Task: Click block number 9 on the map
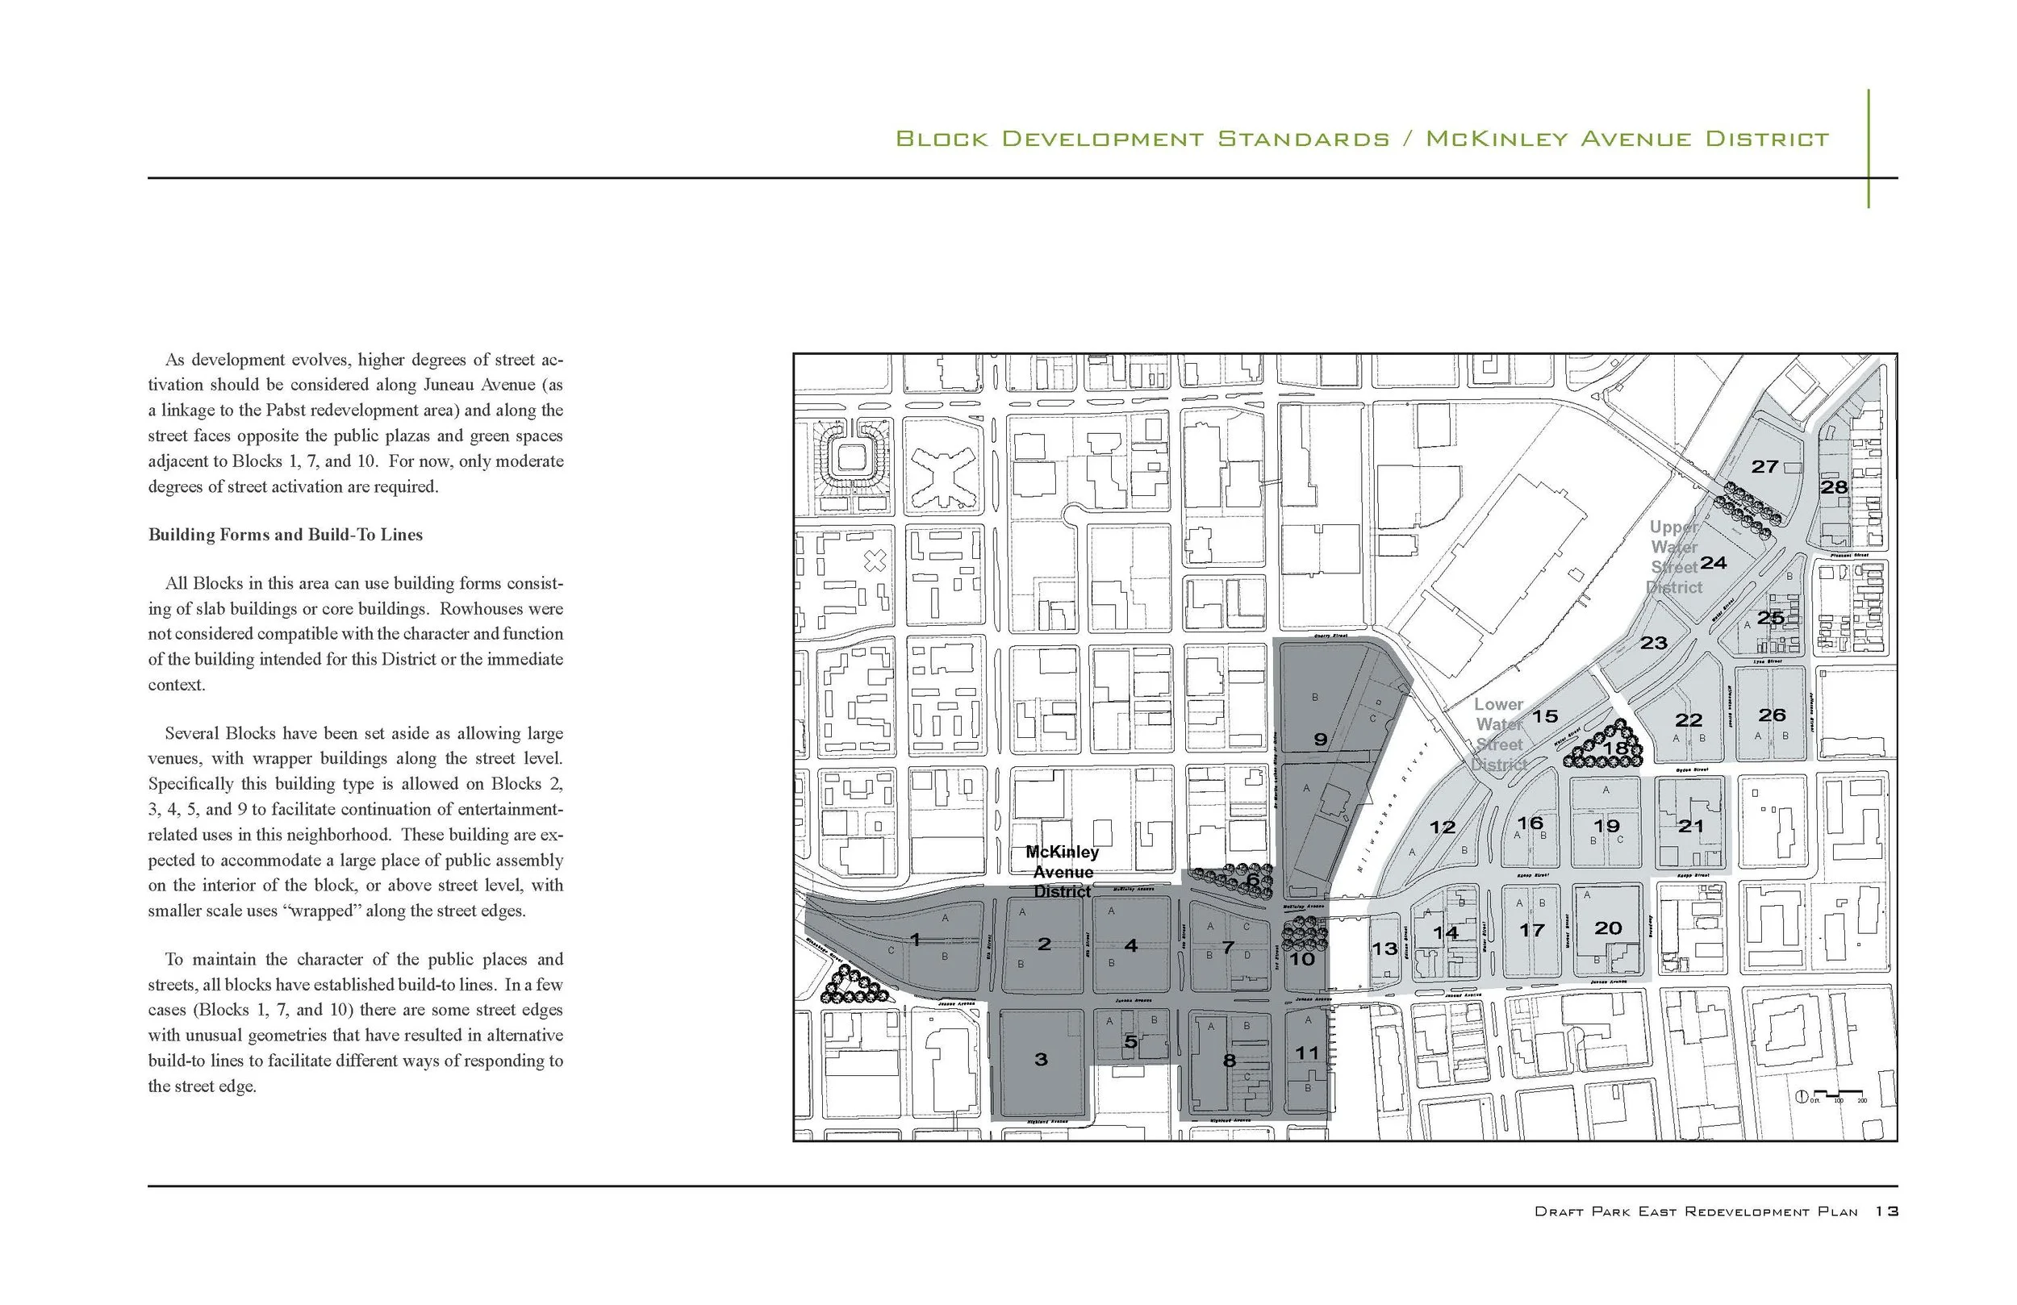(x=1321, y=739)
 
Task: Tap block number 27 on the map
(x=1764, y=466)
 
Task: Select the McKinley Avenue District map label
(x=1062, y=872)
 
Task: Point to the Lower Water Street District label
(x=1499, y=734)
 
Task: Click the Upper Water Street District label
(x=1675, y=557)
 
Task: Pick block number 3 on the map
(x=1042, y=1058)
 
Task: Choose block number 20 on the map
(x=1608, y=928)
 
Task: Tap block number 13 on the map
(x=1384, y=949)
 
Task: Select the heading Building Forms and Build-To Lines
(x=286, y=535)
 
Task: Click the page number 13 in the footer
(x=1886, y=1211)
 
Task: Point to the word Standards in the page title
(x=1304, y=139)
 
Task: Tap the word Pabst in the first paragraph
(x=286, y=411)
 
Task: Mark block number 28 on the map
(x=1834, y=487)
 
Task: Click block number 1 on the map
(x=915, y=939)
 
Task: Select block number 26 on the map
(x=1772, y=715)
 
